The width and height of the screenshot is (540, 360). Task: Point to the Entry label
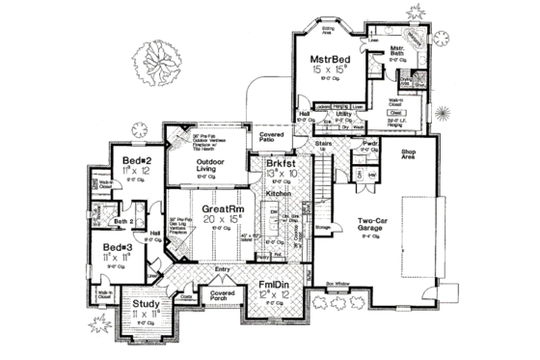pos(224,269)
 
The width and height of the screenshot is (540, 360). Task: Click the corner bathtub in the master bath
pos(416,36)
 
